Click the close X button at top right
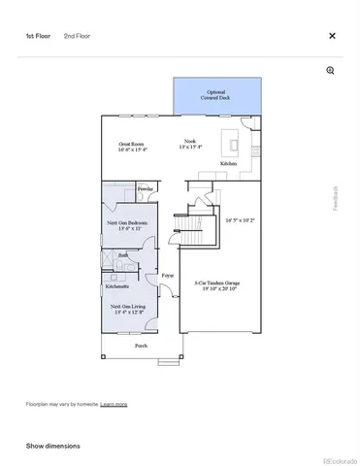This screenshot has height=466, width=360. (x=332, y=36)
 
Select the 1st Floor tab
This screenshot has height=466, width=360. (x=38, y=36)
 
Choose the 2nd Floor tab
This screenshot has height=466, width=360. (x=76, y=36)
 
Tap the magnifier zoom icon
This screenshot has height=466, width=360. (x=331, y=71)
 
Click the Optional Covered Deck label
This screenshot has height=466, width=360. (x=216, y=94)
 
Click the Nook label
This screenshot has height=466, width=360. (x=190, y=144)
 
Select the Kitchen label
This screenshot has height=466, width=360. (x=228, y=164)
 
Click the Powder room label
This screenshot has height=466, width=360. (x=146, y=188)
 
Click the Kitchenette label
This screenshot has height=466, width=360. (x=118, y=287)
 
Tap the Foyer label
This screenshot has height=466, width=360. (x=167, y=277)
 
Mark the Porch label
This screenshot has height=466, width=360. (x=141, y=346)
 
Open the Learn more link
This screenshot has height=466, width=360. (x=114, y=404)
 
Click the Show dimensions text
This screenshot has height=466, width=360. (x=52, y=446)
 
